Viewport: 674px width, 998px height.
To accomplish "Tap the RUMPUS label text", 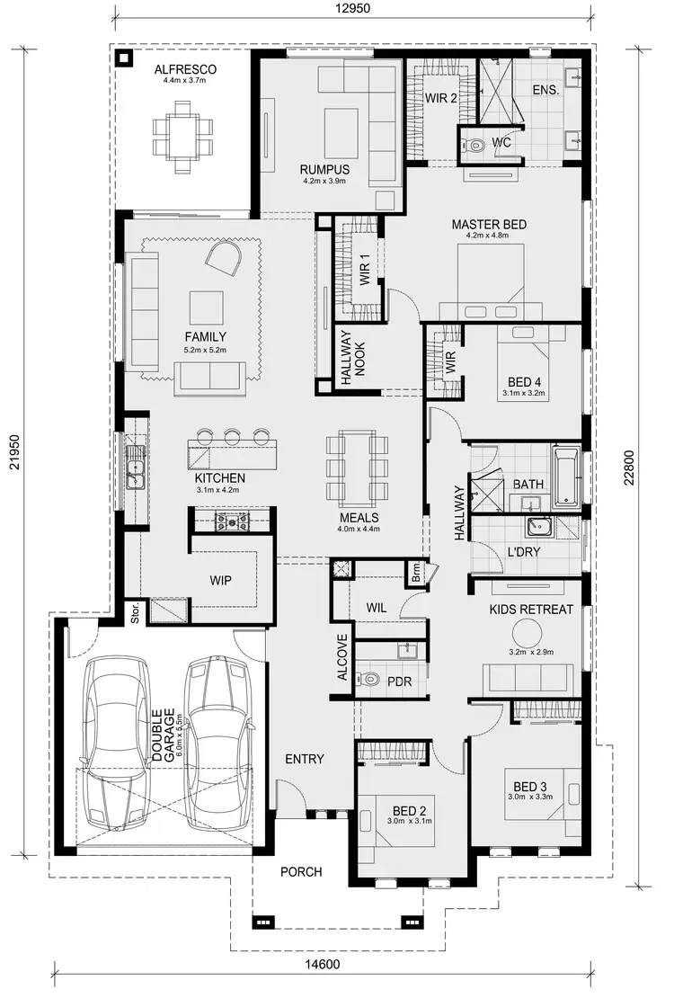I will coord(324,169).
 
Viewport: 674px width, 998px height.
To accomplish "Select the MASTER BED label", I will coord(489,225).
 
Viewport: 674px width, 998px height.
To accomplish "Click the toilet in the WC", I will coord(476,144).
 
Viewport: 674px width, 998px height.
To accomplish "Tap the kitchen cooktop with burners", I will coord(231,521).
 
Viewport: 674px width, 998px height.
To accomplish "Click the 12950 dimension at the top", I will coord(354,9).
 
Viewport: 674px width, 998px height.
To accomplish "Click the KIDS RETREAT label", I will coord(530,610).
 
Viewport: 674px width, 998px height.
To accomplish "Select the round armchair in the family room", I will coord(225,263).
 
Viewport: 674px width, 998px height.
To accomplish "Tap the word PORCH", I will coord(300,871).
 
